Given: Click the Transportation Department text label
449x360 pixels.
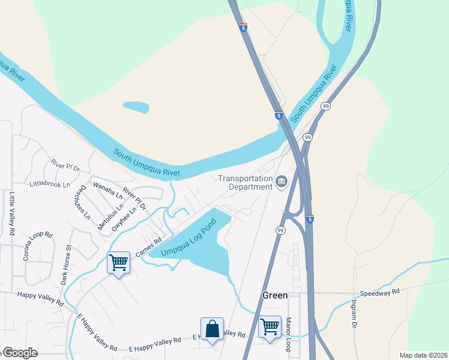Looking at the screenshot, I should (245, 182).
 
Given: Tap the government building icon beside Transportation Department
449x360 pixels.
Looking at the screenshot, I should (282, 181).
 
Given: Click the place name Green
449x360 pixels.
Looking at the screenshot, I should (276, 295).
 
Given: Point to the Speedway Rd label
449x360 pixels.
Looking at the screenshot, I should (379, 292).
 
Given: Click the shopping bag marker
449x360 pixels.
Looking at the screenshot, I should (212, 329).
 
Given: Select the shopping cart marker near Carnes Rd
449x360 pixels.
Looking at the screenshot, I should (118, 262).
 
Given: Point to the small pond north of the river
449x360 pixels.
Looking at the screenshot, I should (136, 107).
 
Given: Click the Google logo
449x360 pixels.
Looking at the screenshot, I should (19, 353).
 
